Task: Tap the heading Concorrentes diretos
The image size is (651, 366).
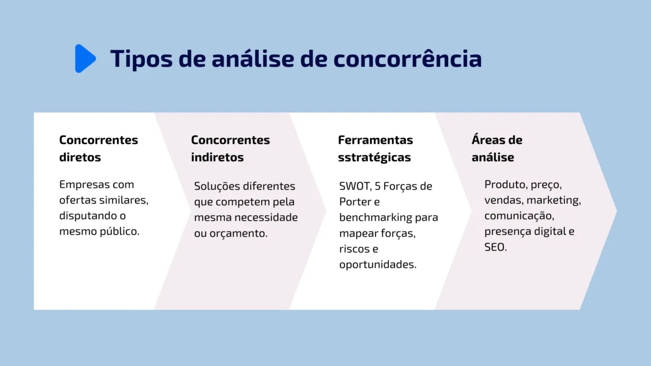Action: (98, 149)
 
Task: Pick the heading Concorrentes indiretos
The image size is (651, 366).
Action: (230, 149)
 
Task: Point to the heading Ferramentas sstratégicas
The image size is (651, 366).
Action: (375, 149)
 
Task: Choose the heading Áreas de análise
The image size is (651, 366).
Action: (496, 149)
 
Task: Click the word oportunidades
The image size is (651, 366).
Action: (378, 265)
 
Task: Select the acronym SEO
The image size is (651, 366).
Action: (494, 247)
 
